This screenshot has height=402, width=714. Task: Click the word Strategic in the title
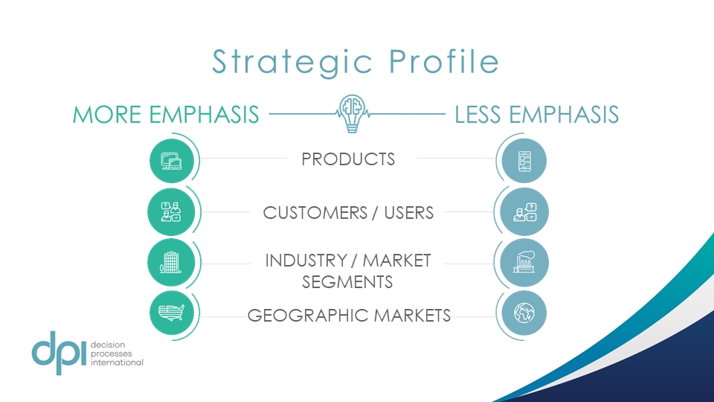click(292, 63)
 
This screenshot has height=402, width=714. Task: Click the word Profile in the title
click(445, 61)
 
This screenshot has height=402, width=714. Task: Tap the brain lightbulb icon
click(352, 113)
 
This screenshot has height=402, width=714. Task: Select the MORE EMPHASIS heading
click(166, 115)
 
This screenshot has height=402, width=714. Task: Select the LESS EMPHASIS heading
click(537, 115)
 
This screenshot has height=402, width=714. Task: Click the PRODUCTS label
click(348, 159)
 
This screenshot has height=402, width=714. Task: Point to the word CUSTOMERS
click(315, 213)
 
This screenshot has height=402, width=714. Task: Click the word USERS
click(409, 213)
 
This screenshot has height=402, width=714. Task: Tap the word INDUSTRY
click(306, 261)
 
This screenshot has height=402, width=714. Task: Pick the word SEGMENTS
click(347, 282)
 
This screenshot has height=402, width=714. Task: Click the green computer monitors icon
click(172, 161)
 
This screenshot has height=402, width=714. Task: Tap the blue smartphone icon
click(524, 161)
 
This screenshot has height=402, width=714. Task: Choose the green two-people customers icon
click(171, 212)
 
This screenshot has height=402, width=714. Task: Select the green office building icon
click(171, 263)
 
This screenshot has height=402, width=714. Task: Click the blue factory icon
click(524, 263)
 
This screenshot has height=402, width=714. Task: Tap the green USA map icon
click(172, 313)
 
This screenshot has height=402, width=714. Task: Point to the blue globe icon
click(524, 313)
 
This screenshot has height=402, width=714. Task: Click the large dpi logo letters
click(59, 353)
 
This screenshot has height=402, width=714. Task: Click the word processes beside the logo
click(111, 354)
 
